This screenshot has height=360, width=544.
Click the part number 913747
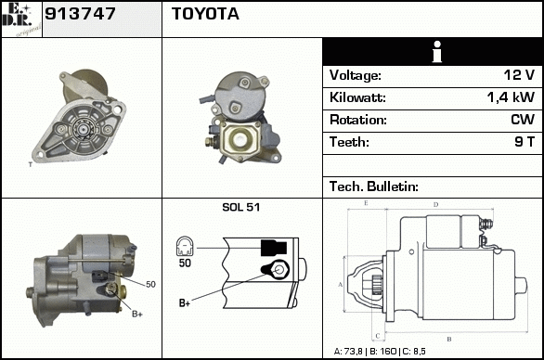point(80,14)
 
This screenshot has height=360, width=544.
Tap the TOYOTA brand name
point(205,14)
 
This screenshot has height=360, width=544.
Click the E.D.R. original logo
point(21,19)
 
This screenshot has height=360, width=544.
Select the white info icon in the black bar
point(437,52)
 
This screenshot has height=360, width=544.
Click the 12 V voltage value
point(519,75)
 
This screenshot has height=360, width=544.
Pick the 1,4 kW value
point(511,97)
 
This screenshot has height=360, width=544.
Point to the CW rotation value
point(523,120)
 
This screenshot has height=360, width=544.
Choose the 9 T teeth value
point(525,142)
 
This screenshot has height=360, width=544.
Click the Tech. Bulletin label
point(374,186)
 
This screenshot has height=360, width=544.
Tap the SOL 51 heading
point(240,207)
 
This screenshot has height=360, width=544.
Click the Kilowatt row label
point(357,97)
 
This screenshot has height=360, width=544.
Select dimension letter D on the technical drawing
point(435,205)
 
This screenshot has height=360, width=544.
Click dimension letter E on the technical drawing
point(366,203)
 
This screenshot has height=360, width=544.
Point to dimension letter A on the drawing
point(340,285)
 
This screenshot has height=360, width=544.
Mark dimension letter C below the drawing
point(378,336)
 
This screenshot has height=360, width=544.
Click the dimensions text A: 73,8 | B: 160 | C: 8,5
point(380,352)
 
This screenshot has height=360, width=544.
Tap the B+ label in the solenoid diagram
point(185,302)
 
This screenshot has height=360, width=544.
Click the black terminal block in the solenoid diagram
point(274,248)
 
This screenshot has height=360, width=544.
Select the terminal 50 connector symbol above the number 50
point(185,247)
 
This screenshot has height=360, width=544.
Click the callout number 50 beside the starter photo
point(150,285)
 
